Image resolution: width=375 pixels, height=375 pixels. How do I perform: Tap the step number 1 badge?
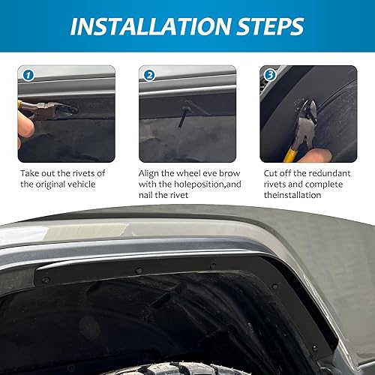click(x=28, y=76)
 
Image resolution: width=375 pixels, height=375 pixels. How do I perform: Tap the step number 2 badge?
click(x=148, y=76)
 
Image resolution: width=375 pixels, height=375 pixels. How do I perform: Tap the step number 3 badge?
click(x=268, y=76)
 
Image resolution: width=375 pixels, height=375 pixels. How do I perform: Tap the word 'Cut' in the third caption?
click(x=270, y=172)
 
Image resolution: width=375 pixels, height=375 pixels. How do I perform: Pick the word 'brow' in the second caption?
click(x=235, y=172)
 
